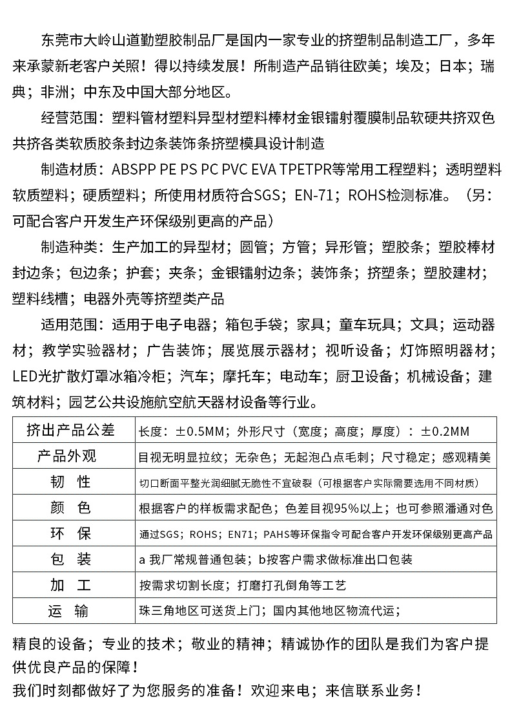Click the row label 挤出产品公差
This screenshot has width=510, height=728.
[x=70, y=430]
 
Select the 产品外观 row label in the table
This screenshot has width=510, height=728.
[x=70, y=456]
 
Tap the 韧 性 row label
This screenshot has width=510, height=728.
[x=70, y=482]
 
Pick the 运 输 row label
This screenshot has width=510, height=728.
[x=70, y=611]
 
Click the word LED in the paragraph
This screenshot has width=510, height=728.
[x=25, y=376]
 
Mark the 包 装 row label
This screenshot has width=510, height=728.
[x=70, y=559]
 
